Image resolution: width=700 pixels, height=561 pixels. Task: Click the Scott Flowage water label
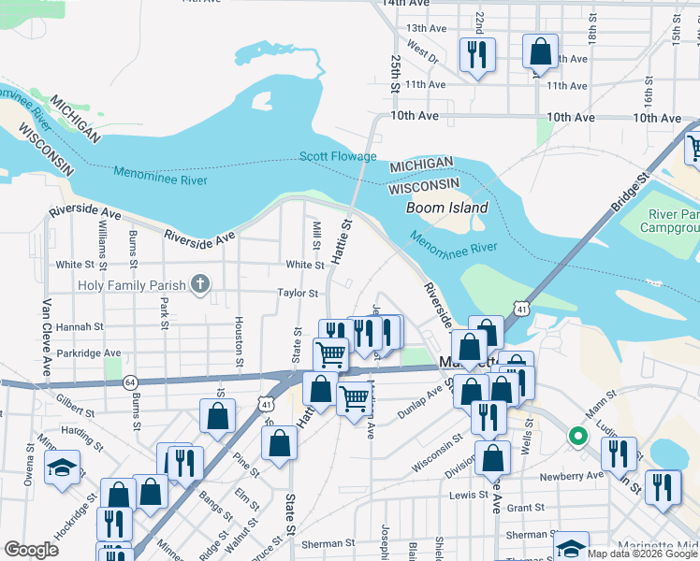[338, 156]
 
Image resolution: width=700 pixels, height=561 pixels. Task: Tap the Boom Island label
[447, 208]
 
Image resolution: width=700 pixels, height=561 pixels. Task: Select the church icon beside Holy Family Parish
[199, 285]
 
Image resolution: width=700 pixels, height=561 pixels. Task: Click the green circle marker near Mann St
[578, 435]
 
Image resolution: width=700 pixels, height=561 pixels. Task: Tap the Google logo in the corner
[32, 550]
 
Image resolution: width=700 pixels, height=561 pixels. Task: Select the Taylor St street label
[299, 293]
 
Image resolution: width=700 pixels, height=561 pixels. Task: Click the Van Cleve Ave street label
[45, 338]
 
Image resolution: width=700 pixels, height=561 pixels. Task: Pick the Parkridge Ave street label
[90, 352]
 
